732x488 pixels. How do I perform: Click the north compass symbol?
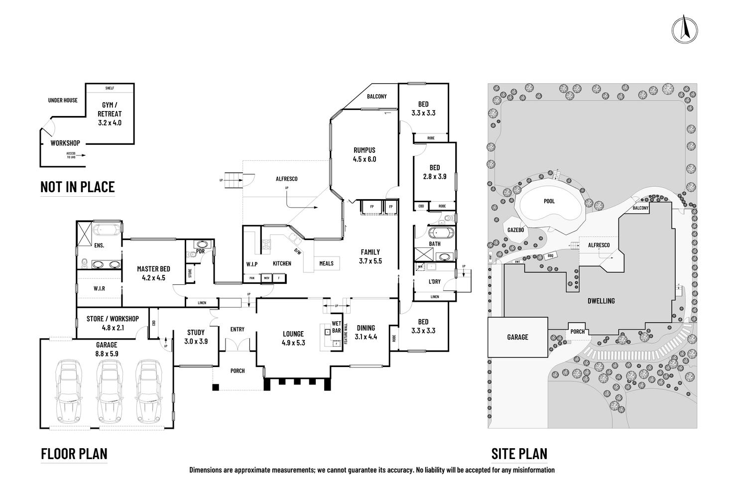point(684,30)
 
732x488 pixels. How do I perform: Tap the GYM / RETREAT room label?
point(110,114)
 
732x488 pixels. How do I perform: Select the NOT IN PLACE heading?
point(78,187)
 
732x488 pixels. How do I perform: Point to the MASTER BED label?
point(151,273)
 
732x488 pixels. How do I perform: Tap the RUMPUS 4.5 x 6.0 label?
point(365,154)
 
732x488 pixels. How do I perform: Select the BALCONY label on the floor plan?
point(376,97)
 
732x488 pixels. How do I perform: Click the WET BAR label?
point(336,327)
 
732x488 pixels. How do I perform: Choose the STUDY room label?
point(196,337)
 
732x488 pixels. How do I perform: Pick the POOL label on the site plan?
point(549,202)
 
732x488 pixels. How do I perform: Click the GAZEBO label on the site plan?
point(516,231)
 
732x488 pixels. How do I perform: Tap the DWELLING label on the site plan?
point(601,301)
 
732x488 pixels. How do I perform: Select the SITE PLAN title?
point(519,454)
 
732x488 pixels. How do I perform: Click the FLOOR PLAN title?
point(74,454)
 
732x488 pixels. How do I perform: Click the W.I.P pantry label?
point(251,263)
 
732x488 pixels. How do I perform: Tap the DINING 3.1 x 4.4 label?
point(366,332)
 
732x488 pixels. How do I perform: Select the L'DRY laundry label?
point(434,281)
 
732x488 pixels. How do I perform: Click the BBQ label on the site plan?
point(550,255)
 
